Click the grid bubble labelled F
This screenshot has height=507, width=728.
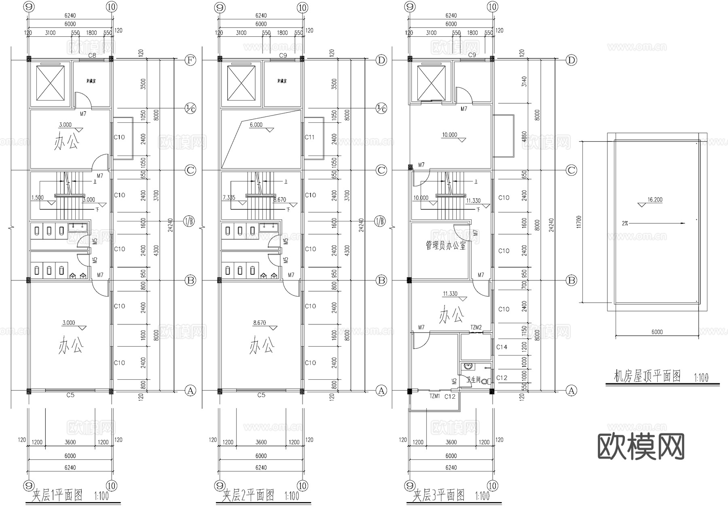point(190,61)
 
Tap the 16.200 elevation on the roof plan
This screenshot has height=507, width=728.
point(655,200)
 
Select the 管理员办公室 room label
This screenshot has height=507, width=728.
point(445,245)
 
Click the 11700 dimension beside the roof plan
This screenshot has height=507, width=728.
point(579,222)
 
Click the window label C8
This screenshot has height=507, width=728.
point(92,55)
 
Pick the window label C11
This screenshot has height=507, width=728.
point(309,137)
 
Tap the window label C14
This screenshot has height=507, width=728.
point(502,347)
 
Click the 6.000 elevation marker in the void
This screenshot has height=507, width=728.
point(256,125)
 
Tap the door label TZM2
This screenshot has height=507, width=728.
point(476,327)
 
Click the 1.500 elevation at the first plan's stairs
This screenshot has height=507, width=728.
point(37,198)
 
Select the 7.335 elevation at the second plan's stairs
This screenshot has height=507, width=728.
point(229,198)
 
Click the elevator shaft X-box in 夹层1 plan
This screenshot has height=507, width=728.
point(51,83)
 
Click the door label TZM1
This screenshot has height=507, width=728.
point(434,397)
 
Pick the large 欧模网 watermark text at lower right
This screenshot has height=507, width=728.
point(641,447)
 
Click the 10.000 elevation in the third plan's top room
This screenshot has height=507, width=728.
point(449,135)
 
